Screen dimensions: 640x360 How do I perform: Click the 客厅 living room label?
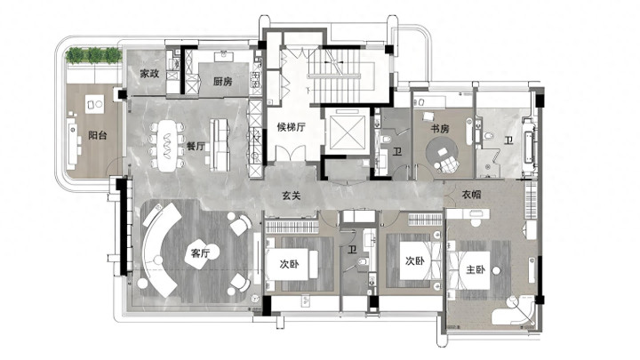[x=200, y=253]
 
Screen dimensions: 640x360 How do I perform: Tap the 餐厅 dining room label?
[x=196, y=146]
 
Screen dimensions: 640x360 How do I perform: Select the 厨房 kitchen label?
[x=223, y=81]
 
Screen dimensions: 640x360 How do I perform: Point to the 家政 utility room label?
[x=149, y=74]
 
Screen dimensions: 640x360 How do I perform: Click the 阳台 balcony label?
[x=98, y=135]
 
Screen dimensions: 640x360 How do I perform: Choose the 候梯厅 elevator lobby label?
[x=292, y=127]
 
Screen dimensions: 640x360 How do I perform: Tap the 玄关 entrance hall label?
[x=292, y=196]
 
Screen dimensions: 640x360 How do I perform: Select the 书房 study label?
[x=440, y=129]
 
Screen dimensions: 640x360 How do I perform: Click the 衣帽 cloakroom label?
[x=471, y=195]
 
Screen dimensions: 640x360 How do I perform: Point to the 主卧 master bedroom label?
[x=476, y=269]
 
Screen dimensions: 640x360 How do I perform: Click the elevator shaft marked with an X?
[x=348, y=132]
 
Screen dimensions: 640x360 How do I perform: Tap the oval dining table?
[x=167, y=146]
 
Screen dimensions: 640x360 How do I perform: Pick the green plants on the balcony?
[x=94, y=55]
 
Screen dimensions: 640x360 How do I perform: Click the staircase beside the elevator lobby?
[x=335, y=76]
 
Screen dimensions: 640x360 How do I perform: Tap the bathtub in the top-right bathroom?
[x=529, y=145]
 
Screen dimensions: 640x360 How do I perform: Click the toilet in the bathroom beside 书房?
[x=487, y=135]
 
